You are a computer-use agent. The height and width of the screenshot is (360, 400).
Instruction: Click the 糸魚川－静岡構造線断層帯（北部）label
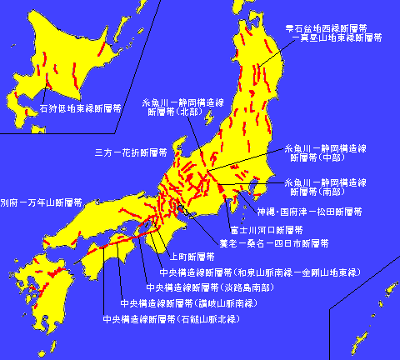point(183,107)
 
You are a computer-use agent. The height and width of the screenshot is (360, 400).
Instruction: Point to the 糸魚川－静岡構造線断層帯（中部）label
point(326,150)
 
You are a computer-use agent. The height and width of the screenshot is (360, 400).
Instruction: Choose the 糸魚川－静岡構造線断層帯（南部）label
point(326,185)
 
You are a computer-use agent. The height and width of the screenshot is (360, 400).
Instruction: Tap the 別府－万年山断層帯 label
point(41,202)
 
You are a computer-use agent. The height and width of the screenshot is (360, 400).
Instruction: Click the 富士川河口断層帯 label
point(266,228)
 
